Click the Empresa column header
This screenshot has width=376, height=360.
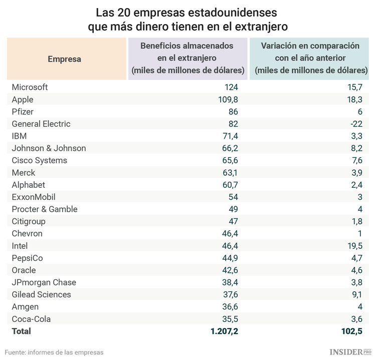tap(64, 59)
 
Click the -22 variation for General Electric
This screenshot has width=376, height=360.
tap(355, 124)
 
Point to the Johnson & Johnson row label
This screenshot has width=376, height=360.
tap(49, 148)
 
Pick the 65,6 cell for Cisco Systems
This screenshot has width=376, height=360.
tap(229, 160)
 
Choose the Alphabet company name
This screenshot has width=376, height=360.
tap(28, 185)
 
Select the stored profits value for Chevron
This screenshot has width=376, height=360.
tap(229, 234)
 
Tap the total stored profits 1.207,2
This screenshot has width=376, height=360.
tap(219, 331)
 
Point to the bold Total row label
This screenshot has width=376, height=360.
tap(21, 331)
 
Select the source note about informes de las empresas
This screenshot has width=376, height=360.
tap(54, 352)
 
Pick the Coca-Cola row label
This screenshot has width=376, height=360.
tap(31, 319)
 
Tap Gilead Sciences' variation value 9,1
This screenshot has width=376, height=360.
tap(356, 294)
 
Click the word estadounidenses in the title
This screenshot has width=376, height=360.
tap(234, 12)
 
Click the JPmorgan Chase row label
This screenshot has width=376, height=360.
tap(44, 282)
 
